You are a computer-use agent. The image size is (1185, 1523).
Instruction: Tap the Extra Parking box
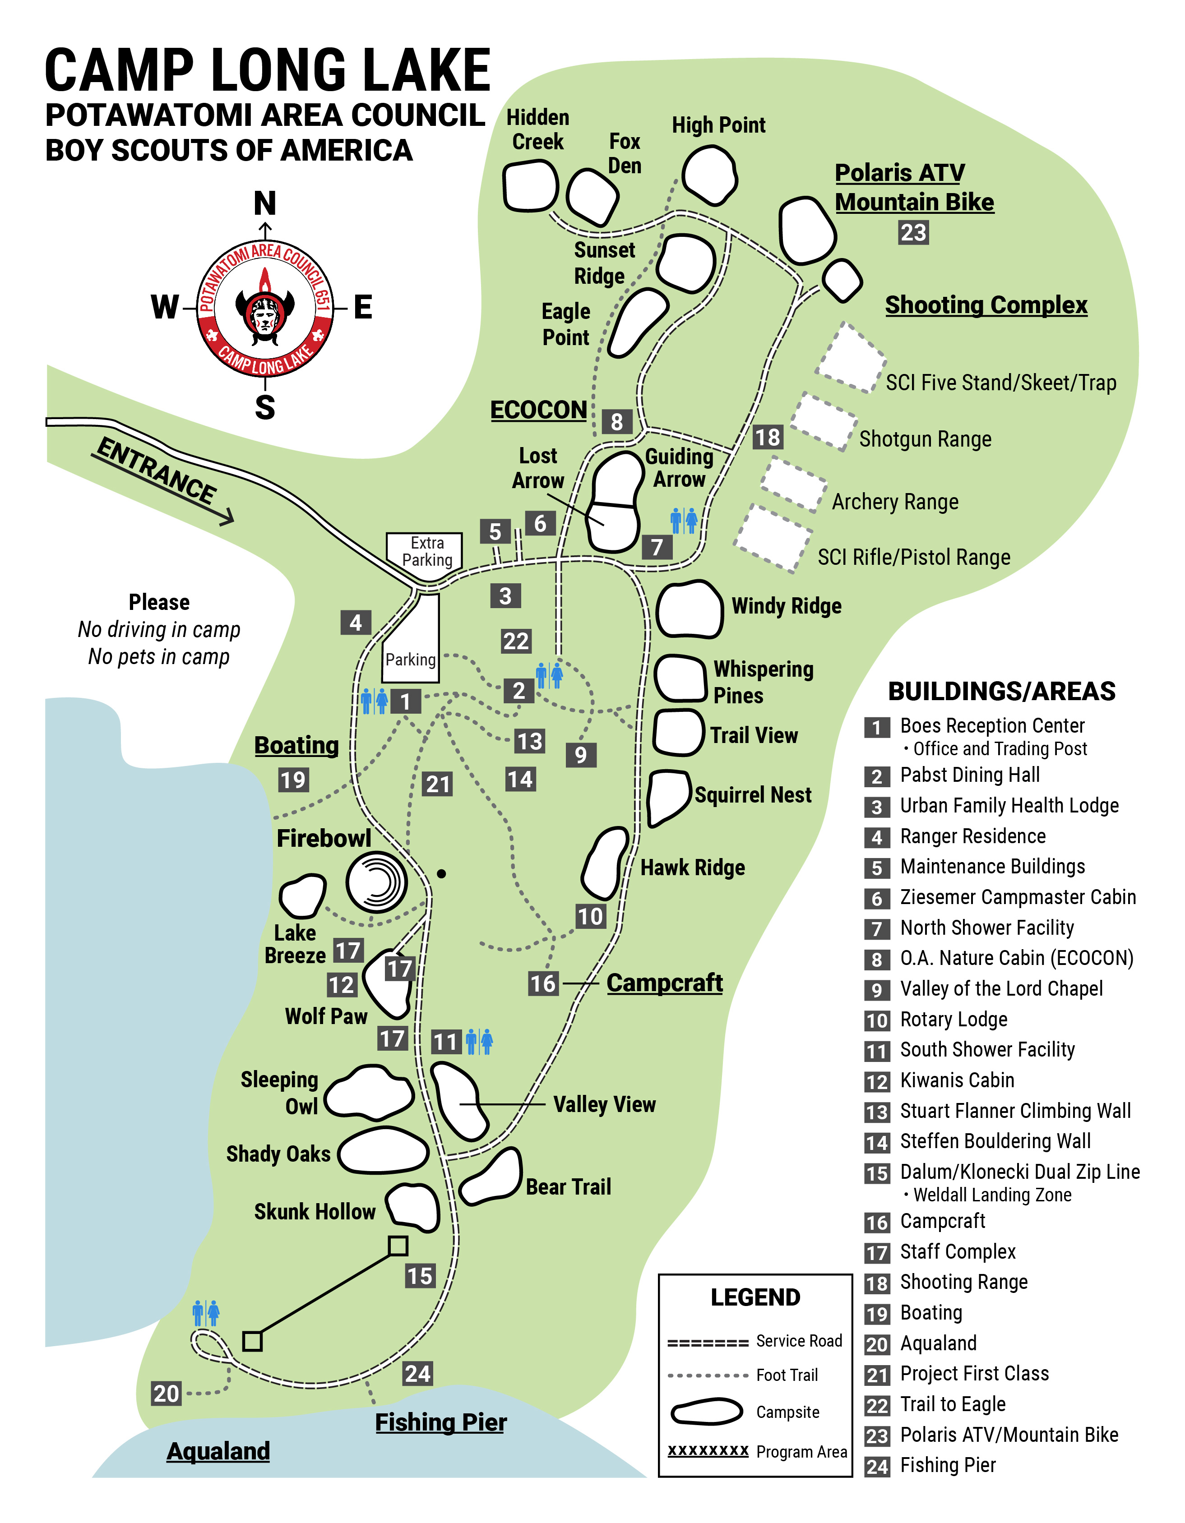[426, 552]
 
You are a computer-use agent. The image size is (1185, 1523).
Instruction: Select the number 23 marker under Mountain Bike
[912, 232]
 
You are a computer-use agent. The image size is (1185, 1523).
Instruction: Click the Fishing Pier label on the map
[441, 1422]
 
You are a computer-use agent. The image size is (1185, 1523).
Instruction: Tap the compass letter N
[265, 203]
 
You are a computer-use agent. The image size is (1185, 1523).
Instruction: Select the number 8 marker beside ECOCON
[616, 421]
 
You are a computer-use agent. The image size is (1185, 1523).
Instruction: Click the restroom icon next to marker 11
[479, 1041]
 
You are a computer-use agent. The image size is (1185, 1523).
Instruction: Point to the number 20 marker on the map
[167, 1393]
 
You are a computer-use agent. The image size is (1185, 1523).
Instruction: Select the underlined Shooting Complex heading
[986, 305]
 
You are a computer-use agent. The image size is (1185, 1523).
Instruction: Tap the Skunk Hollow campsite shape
[414, 1208]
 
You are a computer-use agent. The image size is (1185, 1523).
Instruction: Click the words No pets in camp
[158, 657]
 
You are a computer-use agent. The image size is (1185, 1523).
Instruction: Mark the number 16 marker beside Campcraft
[542, 984]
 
